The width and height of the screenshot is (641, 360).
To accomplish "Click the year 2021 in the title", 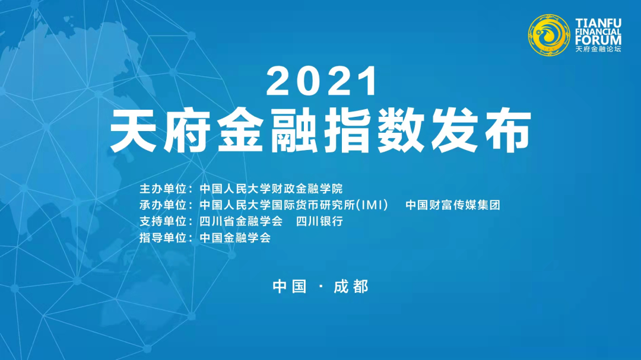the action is tap(322, 81).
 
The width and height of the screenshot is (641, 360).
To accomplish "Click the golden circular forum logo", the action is tap(548, 35).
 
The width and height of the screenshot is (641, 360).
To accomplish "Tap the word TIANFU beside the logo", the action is tap(598, 23).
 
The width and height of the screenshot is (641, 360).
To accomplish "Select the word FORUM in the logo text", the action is tap(598, 40).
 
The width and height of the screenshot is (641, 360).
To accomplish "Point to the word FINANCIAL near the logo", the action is tap(598, 31).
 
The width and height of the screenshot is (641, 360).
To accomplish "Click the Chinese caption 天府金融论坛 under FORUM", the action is tap(598, 49).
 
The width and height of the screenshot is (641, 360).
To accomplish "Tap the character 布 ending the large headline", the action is tap(510, 130).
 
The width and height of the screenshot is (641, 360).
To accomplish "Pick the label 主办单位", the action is tap(163, 189).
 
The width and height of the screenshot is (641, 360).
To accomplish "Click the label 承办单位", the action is tap(163, 205).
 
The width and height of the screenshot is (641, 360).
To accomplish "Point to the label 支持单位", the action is tap(163, 221).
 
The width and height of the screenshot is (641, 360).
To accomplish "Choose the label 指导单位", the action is tap(163, 238).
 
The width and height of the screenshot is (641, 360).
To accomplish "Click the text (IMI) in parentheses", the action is tap(372, 205).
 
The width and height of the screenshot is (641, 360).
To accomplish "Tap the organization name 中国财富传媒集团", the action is tap(453, 205).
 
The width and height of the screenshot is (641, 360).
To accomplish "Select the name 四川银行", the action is tap(319, 221).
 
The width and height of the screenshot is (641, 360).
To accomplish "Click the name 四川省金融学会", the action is tap(241, 221).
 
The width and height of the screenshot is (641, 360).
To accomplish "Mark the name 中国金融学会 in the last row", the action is tap(235, 238).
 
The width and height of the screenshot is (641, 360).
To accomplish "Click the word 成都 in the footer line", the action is tap(351, 287).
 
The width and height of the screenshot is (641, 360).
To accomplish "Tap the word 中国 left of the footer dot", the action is tap(290, 287).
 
